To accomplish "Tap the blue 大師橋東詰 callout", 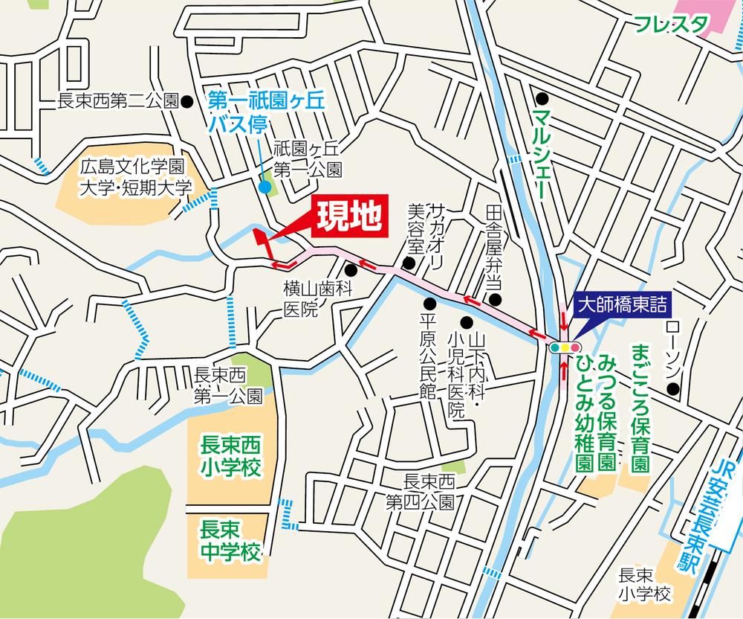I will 623,304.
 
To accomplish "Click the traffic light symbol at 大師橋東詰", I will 565,347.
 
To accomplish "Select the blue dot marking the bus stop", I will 265,187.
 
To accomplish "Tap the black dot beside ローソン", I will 672,388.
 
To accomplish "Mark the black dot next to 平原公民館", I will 429,303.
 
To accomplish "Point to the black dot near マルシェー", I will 543,97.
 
